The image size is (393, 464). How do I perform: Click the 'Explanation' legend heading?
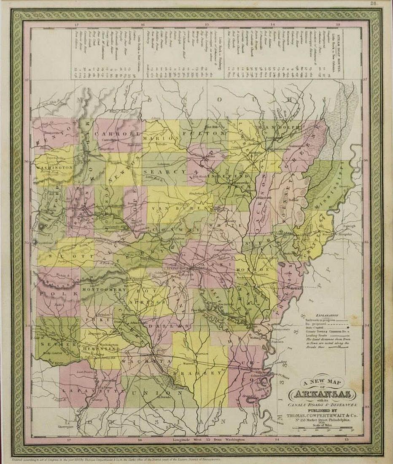pyautogui.click(x=327, y=315)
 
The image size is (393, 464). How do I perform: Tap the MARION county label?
pyautogui.click(x=159, y=138)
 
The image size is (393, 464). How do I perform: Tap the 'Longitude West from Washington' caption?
pyautogui.click(x=196, y=440)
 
